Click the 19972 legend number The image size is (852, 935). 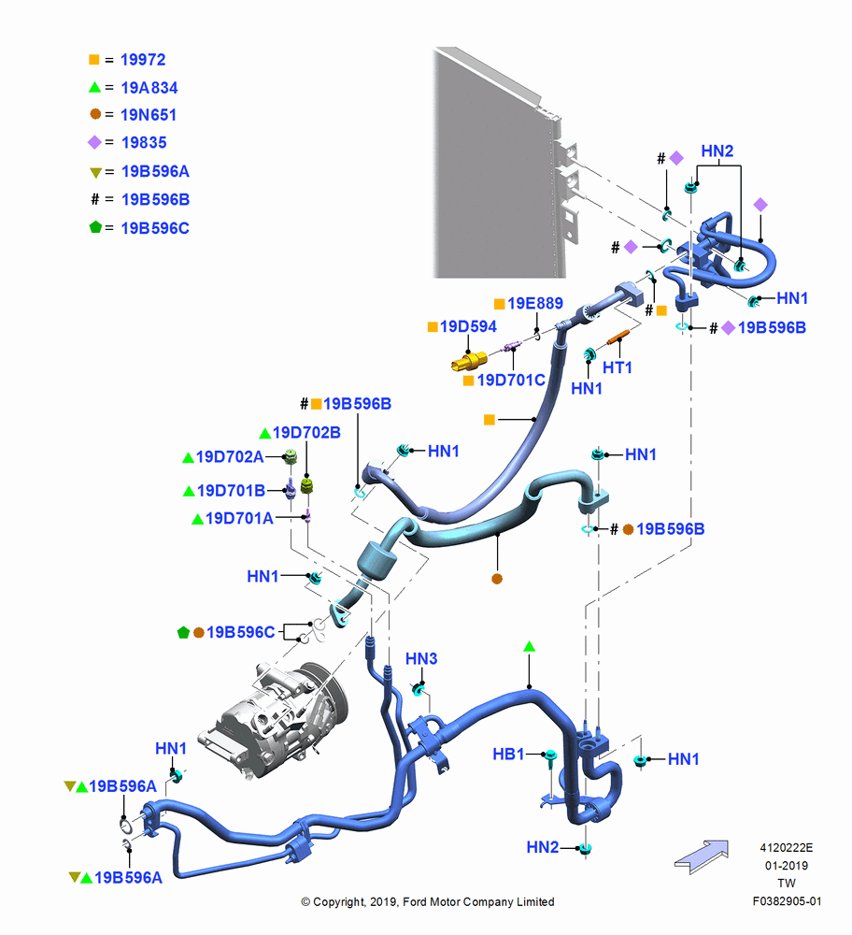click(143, 60)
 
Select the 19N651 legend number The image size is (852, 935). click(149, 114)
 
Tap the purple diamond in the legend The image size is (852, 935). click(94, 142)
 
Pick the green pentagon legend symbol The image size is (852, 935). click(95, 227)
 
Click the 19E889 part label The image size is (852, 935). click(535, 304)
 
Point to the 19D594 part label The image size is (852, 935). click(468, 326)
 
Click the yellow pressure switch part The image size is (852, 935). click(470, 361)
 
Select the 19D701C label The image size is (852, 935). click(511, 380)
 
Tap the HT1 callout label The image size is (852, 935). click(618, 367)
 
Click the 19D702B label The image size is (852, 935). click(306, 432)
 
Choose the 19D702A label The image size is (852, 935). click(230, 457)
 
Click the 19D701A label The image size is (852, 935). click(239, 518)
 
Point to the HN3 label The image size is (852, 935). click(421, 659)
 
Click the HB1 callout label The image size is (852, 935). click(508, 755)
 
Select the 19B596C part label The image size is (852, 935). click(241, 632)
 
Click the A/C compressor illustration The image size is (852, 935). click(274, 718)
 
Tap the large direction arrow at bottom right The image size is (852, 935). click(702, 856)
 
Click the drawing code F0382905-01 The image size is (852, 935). click(787, 901)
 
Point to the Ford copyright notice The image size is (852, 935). click(427, 901)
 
